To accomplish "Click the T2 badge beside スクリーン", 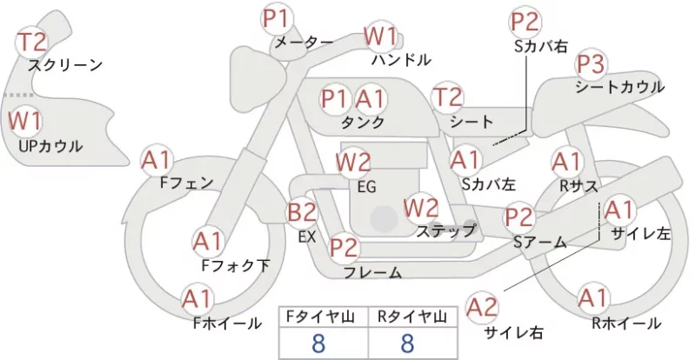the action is [31, 42].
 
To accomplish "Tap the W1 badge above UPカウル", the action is [25, 121].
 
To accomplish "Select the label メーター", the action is [304, 43].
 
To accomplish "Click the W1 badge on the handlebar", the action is [380, 36].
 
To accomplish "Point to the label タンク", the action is [363, 122].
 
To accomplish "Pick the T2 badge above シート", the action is [448, 97].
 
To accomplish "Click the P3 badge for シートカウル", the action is [592, 64].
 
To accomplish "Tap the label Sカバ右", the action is [541, 46].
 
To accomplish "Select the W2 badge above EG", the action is [353, 163].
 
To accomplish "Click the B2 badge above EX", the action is [302, 213].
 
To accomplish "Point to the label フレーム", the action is [373, 272].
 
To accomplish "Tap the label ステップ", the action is [445, 230].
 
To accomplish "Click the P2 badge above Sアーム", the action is [519, 217].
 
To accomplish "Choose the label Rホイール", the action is [626, 323].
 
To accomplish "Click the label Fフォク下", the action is [236, 265].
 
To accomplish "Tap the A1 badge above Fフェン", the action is [156, 161].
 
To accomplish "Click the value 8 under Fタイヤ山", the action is [318, 343].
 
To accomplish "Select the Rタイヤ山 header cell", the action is [412, 317].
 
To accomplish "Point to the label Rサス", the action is [579, 186].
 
